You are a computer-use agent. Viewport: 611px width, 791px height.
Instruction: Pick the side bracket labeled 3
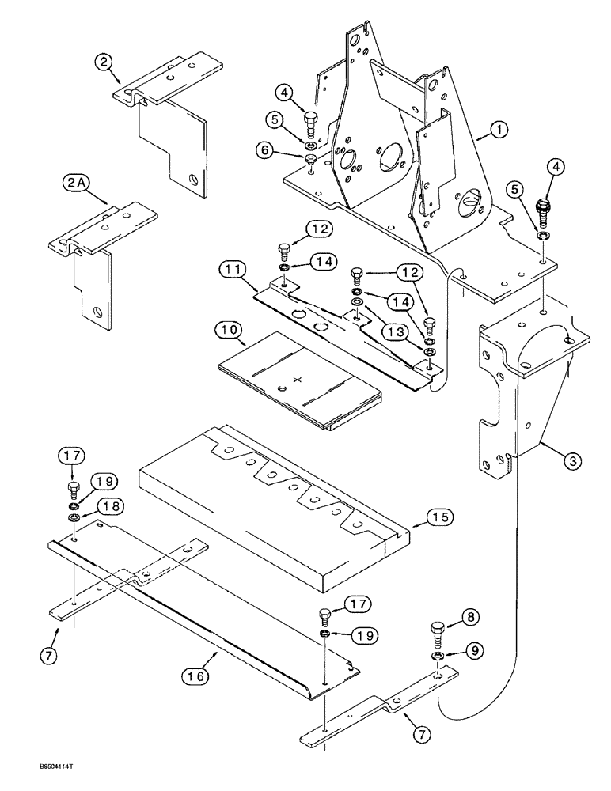click(x=522, y=395)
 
